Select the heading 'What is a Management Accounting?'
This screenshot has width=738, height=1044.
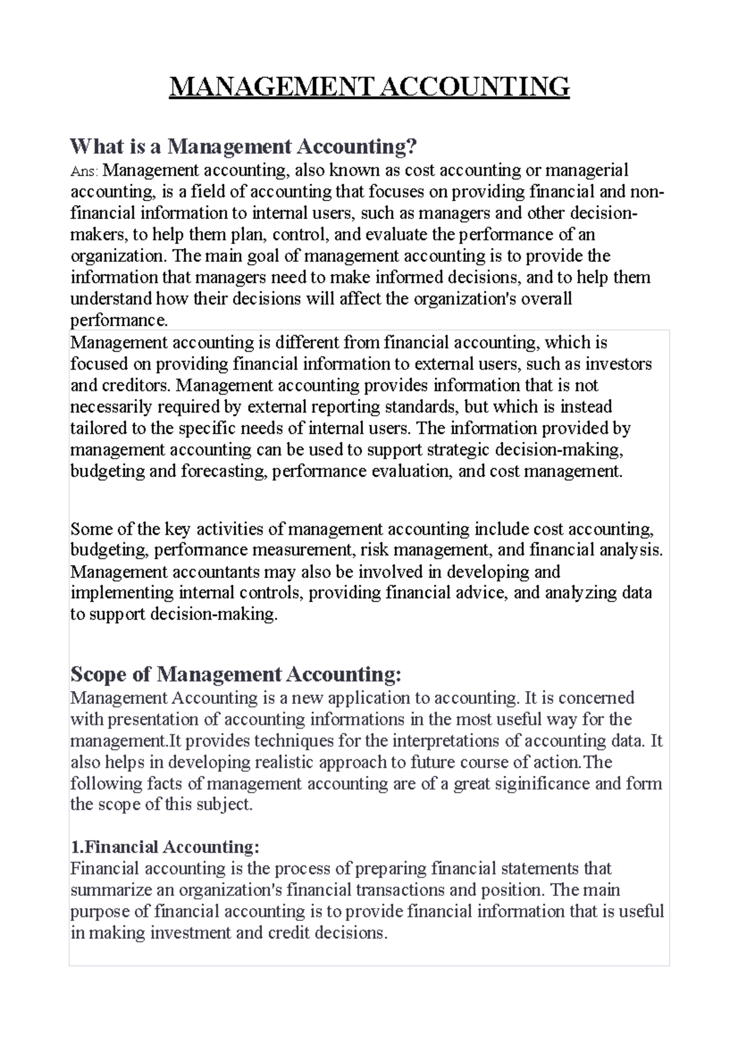(244, 146)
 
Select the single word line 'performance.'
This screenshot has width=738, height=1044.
(119, 320)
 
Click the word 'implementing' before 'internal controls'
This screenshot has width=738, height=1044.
(122, 593)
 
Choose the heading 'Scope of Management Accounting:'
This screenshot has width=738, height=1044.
(236, 674)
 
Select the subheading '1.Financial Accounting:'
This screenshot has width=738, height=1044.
(165, 847)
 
